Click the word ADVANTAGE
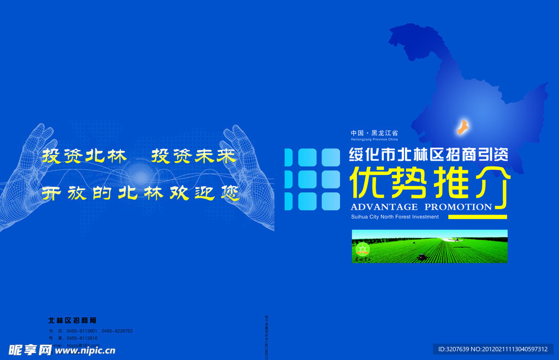tap(384, 207)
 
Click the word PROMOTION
tap(458, 207)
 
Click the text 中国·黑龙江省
tap(374, 133)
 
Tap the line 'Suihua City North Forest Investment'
tap(395, 217)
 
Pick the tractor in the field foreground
tap(422, 256)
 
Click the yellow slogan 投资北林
tap(84, 156)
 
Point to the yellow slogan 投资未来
tap(193, 156)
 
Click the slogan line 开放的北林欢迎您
tap(141, 193)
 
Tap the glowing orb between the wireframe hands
tap(141, 176)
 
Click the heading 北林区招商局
tap(72, 320)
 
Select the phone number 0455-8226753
tap(117, 331)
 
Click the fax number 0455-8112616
tap(82, 338)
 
